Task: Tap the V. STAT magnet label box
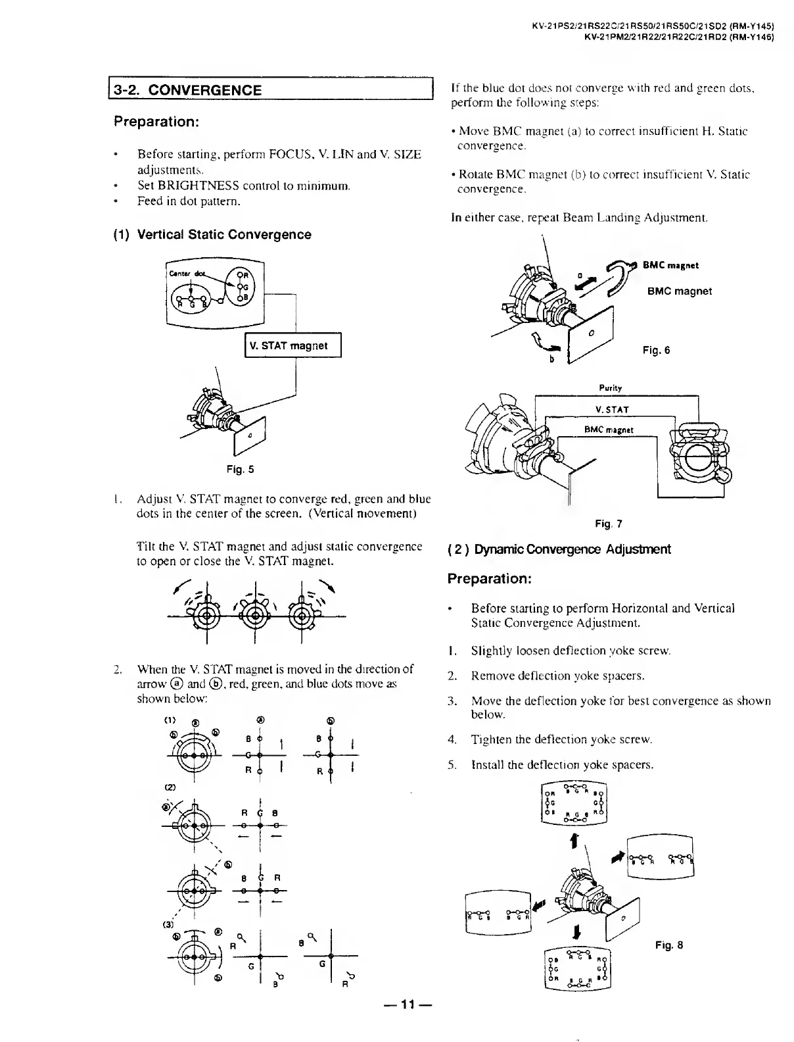293,346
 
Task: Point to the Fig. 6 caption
656,351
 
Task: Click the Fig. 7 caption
608,524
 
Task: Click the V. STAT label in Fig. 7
612,410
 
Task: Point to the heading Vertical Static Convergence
223,235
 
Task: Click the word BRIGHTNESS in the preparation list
187,186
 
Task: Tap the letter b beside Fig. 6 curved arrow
551,359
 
